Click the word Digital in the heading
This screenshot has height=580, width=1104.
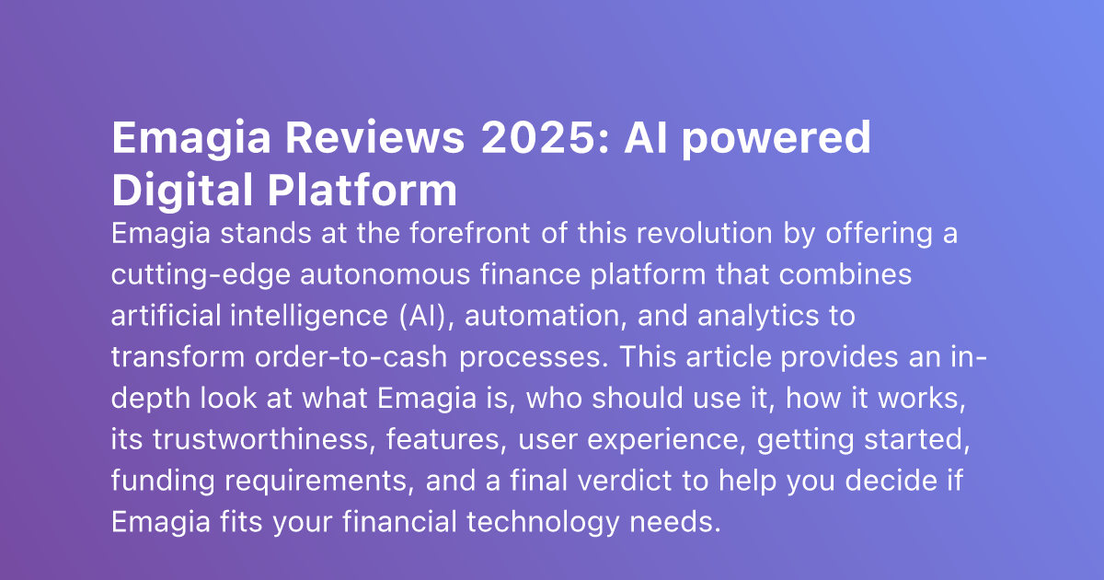coord(181,190)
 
